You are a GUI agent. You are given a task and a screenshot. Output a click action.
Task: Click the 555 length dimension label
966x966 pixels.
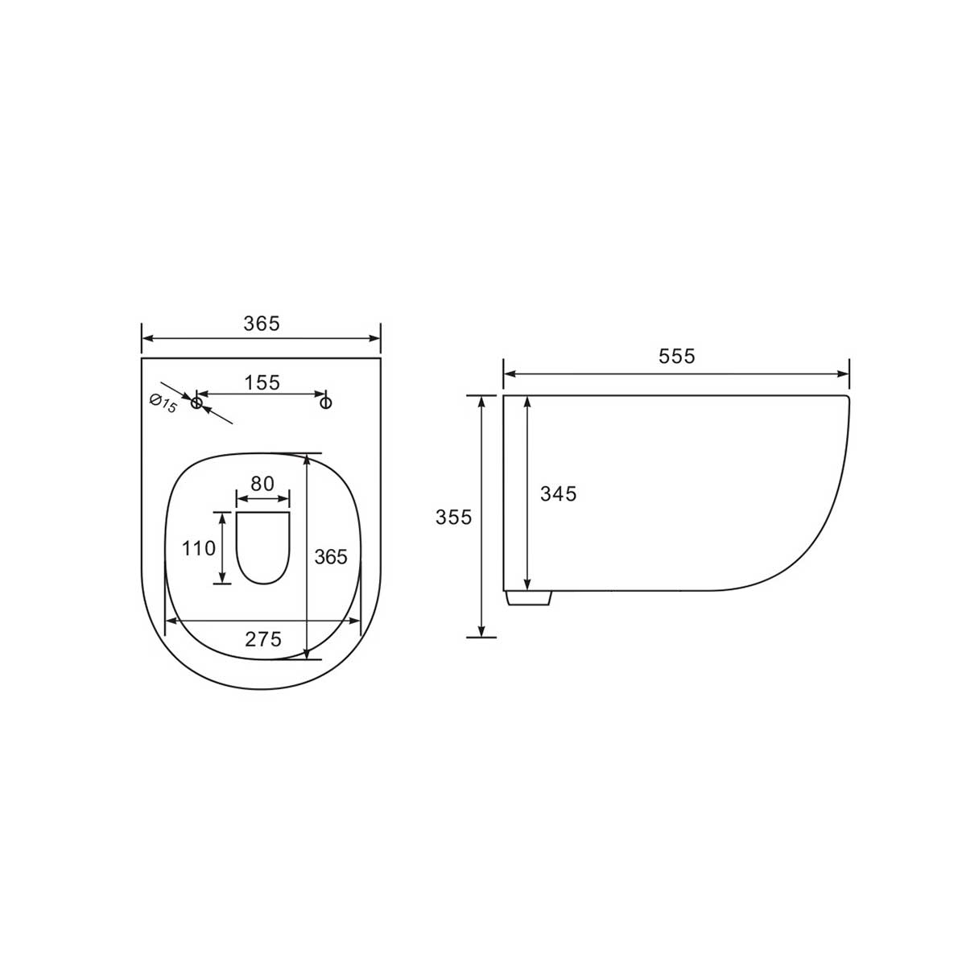tap(676, 356)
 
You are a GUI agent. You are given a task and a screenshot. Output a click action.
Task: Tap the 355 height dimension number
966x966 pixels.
tap(453, 517)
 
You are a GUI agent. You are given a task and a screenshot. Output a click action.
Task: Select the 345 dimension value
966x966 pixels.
tap(558, 493)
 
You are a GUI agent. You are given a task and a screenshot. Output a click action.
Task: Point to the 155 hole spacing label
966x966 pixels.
tap(262, 383)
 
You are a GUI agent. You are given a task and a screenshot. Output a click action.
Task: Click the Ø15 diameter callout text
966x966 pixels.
tap(163, 403)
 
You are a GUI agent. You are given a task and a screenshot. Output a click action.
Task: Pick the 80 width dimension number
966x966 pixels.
tap(262, 483)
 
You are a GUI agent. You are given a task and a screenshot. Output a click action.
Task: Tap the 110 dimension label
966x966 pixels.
tap(199, 548)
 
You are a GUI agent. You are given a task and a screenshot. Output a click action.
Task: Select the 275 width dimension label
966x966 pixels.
tap(263, 639)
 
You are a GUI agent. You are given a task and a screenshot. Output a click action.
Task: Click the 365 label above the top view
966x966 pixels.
tap(262, 324)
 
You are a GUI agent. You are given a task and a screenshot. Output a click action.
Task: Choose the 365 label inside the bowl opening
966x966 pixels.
tap(331, 556)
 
